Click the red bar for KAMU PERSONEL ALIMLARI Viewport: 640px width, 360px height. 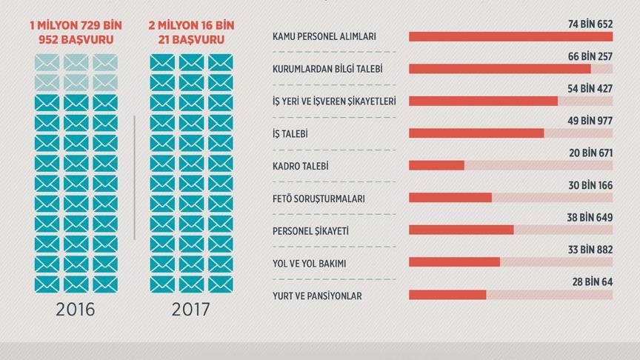click(510, 36)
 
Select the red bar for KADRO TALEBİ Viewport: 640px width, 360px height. click(436, 165)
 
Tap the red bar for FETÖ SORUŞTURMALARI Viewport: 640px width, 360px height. click(450, 197)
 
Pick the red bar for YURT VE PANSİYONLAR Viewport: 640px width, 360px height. click(447, 294)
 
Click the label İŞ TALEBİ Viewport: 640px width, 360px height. click(290, 133)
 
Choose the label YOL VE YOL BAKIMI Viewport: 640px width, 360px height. click(309, 263)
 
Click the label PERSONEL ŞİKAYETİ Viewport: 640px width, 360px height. click(310, 230)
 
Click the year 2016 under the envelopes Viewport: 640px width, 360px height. click(76, 310)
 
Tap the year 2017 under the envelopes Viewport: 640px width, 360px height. click(190, 310)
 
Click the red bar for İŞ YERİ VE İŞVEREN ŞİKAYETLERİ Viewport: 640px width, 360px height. click(483, 101)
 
